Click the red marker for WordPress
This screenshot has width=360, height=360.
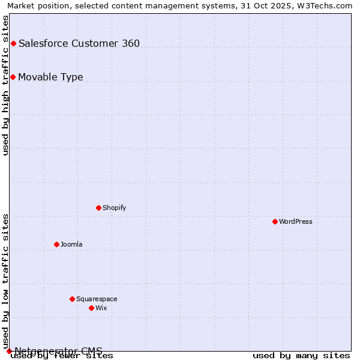tap(275, 221)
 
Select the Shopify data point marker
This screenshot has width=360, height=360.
tap(98, 208)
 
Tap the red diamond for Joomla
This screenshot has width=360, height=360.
tap(56, 244)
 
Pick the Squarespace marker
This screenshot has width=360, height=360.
tap(72, 299)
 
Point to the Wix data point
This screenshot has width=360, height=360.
tap(91, 308)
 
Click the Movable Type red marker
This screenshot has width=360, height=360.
tap(13, 77)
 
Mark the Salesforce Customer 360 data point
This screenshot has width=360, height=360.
tap(13, 43)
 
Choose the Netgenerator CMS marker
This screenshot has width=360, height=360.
tap(9, 351)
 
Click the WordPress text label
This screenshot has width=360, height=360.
tap(296, 221)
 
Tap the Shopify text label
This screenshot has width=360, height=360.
tap(114, 208)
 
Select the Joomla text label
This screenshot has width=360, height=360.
tap(71, 244)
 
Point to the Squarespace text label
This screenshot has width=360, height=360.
tap(97, 299)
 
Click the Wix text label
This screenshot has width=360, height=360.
tap(101, 308)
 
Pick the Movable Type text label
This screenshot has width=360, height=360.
tap(50, 77)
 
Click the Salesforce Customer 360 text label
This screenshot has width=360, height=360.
tap(79, 43)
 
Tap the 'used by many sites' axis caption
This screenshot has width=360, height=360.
tap(301, 356)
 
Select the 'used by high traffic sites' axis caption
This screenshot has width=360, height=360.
tap(5, 85)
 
